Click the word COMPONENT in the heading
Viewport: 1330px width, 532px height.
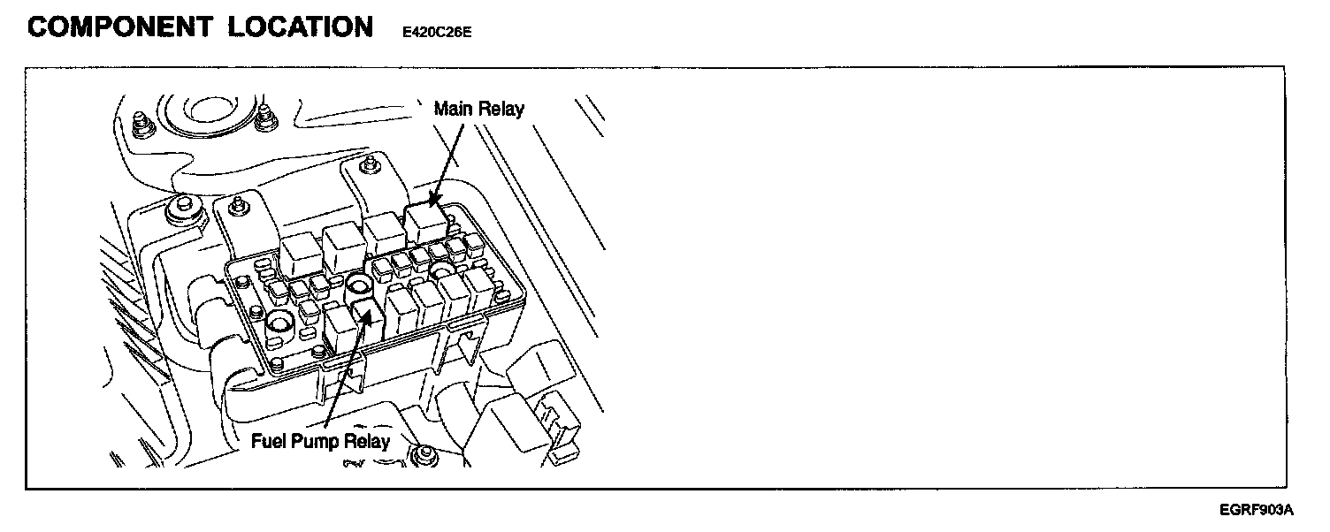pyautogui.click(x=118, y=27)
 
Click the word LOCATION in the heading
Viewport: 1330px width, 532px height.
pyautogui.click(x=301, y=27)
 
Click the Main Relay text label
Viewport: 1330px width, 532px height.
pyautogui.click(x=478, y=110)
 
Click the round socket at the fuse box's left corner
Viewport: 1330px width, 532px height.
pyautogui.click(x=277, y=326)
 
